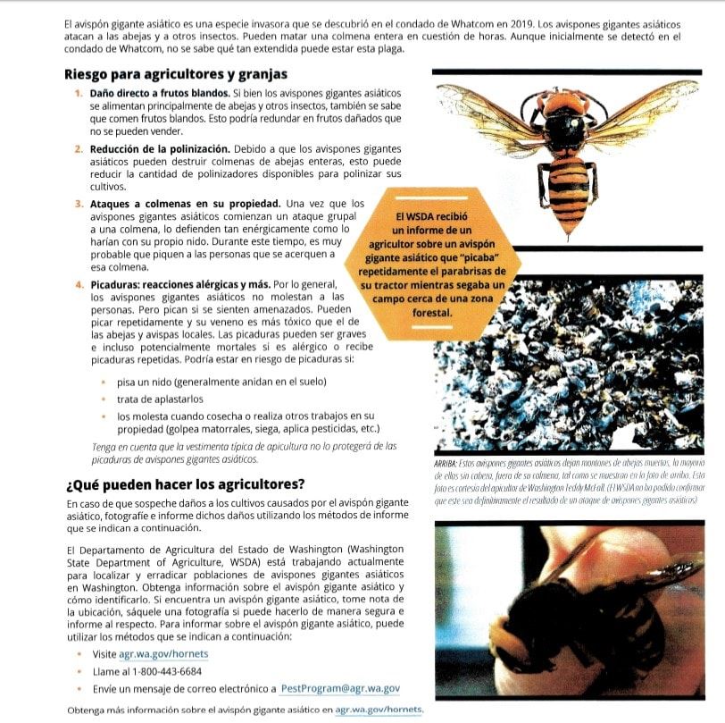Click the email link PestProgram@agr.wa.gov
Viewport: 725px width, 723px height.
click(x=339, y=689)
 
